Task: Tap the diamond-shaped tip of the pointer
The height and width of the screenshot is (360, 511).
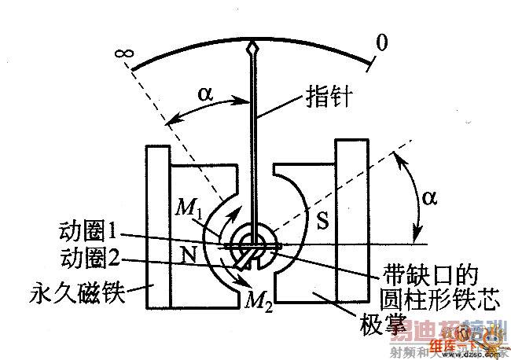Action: pos(252,50)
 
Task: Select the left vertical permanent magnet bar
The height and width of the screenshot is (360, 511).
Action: pos(157,228)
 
